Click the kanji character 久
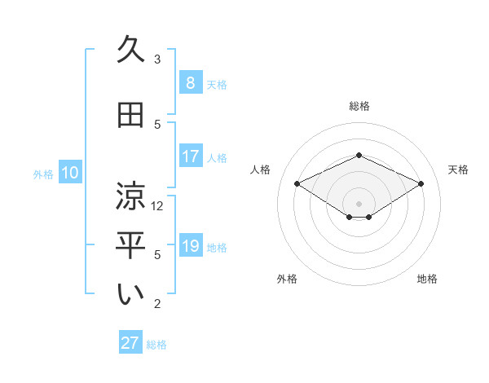[x=131, y=51]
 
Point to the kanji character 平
[x=131, y=245]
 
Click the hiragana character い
[x=131, y=295]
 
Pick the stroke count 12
[x=157, y=206]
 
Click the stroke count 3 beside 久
[x=157, y=59]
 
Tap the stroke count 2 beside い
[x=157, y=304]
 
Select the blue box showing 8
[x=190, y=82]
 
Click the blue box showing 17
[x=190, y=156]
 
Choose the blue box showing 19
[x=190, y=245]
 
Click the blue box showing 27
[x=130, y=343]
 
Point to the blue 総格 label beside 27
[x=156, y=345]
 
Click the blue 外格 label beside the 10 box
[x=43, y=174]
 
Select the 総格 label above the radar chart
[x=359, y=106]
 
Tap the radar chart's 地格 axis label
[x=427, y=279]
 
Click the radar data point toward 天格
[x=421, y=184]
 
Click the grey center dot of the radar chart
[x=359, y=202]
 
